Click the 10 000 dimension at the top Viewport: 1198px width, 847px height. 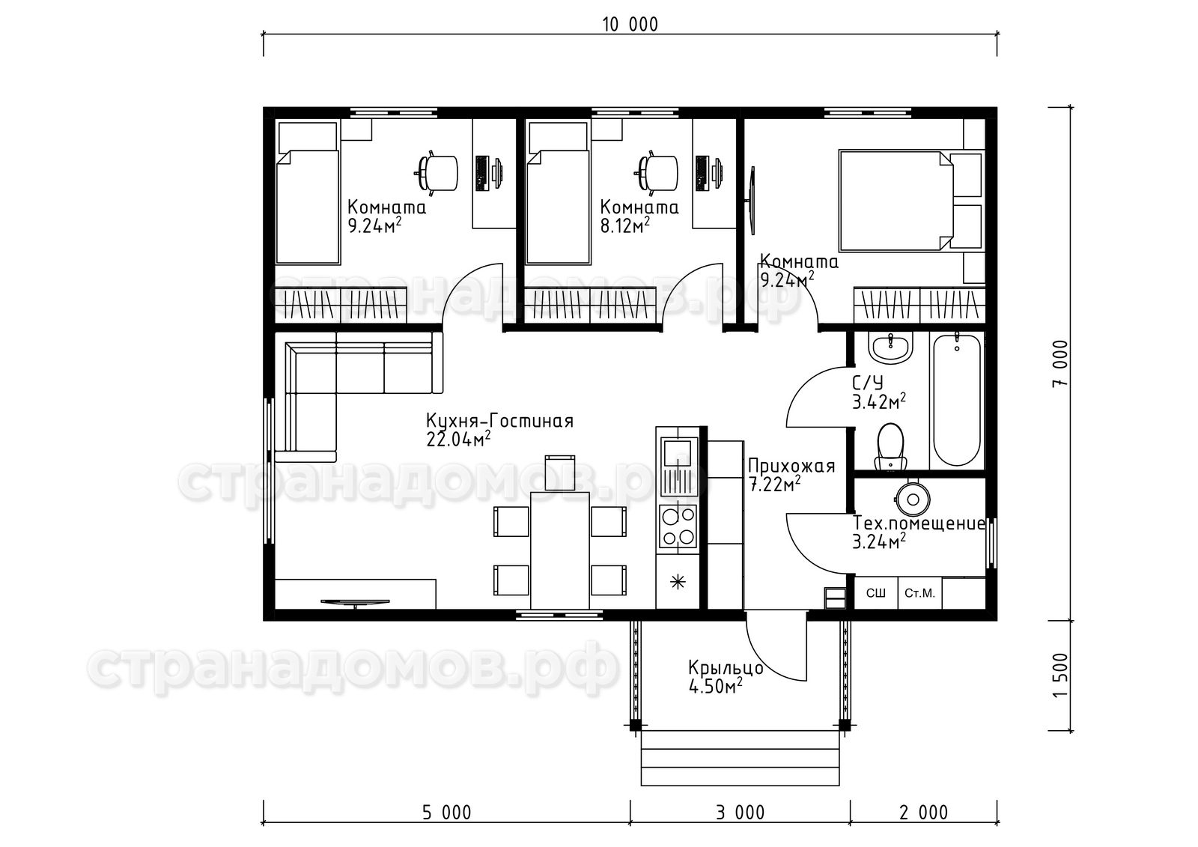click(630, 25)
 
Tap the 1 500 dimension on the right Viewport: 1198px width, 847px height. click(1059, 675)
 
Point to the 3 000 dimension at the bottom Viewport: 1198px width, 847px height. click(741, 813)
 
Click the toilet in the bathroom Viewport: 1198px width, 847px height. click(890, 446)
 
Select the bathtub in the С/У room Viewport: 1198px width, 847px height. click(957, 399)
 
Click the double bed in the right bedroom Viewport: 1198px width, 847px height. click(910, 201)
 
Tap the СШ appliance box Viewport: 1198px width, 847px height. click(875, 593)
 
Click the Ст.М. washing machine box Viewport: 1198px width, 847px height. click(920, 593)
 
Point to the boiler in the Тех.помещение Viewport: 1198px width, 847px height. click(913, 500)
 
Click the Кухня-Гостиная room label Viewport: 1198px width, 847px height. click(499, 422)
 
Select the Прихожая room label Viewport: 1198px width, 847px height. click(791, 466)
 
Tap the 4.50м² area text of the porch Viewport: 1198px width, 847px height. click(716, 685)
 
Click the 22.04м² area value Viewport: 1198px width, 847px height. click(458, 440)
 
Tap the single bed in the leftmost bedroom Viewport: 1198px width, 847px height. click(308, 192)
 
